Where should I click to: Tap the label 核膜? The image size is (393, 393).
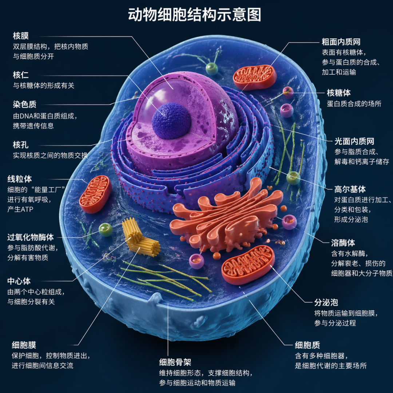(21, 36)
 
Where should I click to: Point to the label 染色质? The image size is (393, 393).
(25, 105)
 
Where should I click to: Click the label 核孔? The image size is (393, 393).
(21, 145)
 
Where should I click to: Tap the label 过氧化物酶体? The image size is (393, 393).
(31, 237)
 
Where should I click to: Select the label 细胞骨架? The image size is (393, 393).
(175, 362)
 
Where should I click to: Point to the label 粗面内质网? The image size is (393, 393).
(341, 42)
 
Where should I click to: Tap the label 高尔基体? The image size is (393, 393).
(350, 189)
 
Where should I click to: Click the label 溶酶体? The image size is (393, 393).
(343, 243)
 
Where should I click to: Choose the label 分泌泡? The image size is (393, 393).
(326, 302)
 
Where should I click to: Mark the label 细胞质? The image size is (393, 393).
(307, 345)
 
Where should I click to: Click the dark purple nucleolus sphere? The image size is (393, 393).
(171, 121)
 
